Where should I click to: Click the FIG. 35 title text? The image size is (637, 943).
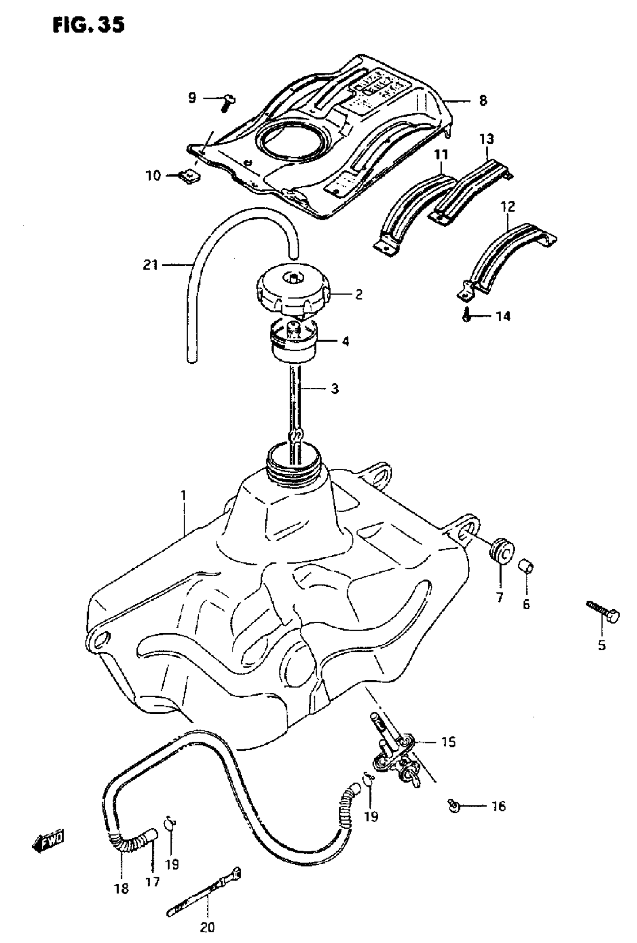(x=88, y=25)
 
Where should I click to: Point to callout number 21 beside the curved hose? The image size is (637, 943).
(x=150, y=265)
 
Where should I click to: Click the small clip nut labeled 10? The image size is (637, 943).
(x=189, y=176)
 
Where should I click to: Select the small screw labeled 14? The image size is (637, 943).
(x=466, y=315)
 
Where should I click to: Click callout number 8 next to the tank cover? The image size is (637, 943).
(x=483, y=100)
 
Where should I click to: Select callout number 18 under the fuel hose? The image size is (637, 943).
(x=122, y=889)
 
